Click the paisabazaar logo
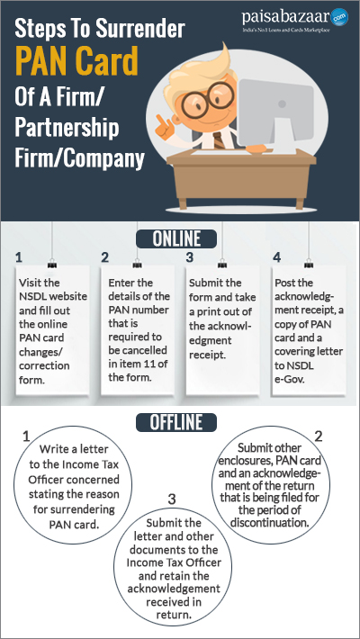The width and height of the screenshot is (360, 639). [x=295, y=20]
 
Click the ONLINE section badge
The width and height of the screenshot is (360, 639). [x=176, y=238]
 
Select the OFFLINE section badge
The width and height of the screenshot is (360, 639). [x=176, y=422]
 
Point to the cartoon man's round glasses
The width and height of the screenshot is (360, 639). [x=208, y=99]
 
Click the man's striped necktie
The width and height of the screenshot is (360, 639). [x=218, y=139]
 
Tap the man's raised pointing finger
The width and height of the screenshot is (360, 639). [x=160, y=119]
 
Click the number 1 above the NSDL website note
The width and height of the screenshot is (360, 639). [x=19, y=257]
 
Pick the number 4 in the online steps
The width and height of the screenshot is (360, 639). [x=277, y=257]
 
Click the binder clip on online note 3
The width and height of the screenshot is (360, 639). [x=221, y=265]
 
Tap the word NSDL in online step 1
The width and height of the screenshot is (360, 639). [x=32, y=296]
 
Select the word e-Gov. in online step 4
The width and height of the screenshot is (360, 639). [x=287, y=379]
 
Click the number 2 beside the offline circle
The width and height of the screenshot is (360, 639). [x=318, y=436]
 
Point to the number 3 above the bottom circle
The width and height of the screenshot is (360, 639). [x=172, y=499]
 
